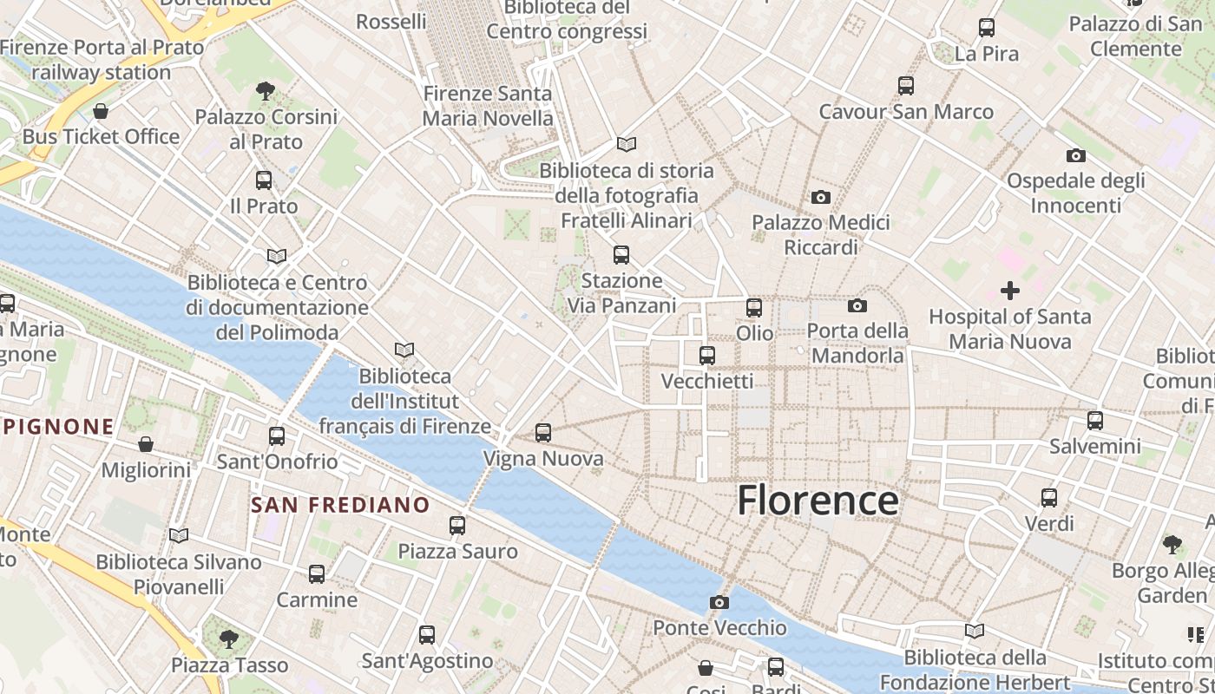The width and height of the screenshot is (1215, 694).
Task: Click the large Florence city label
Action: pos(818,501)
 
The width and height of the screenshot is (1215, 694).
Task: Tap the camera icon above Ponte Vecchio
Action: pos(719,602)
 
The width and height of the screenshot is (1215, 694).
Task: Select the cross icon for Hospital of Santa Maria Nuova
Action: pos(1009,291)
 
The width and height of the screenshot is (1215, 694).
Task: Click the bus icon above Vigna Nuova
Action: pos(543,432)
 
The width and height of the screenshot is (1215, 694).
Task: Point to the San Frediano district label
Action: pos(340,505)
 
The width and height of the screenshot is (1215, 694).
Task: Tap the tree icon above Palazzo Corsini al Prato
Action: pos(266,90)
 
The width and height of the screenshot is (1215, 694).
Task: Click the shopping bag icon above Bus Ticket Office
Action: pos(101,111)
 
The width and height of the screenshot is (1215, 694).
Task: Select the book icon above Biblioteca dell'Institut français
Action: pos(404,350)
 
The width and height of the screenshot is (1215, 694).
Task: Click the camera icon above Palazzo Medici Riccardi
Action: pos(820,198)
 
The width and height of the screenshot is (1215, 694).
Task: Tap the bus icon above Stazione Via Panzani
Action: pos(621,255)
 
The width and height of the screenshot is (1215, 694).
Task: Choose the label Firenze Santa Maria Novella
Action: pos(488,106)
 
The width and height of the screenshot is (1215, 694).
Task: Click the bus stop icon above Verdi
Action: pos(1049,498)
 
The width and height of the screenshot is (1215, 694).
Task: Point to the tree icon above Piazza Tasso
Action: pos(229,639)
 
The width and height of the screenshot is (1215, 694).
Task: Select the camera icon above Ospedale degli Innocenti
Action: pos(1075,156)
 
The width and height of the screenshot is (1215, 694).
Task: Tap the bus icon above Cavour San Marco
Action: pos(906,86)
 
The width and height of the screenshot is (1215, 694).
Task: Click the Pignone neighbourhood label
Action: pos(59,427)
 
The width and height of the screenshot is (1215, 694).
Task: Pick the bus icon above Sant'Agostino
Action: pos(427,635)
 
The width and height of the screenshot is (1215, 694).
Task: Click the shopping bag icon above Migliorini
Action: pos(146,444)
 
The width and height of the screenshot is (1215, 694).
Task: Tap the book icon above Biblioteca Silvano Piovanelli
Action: pos(179,536)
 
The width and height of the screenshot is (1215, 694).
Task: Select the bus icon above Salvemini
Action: pos(1095,421)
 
